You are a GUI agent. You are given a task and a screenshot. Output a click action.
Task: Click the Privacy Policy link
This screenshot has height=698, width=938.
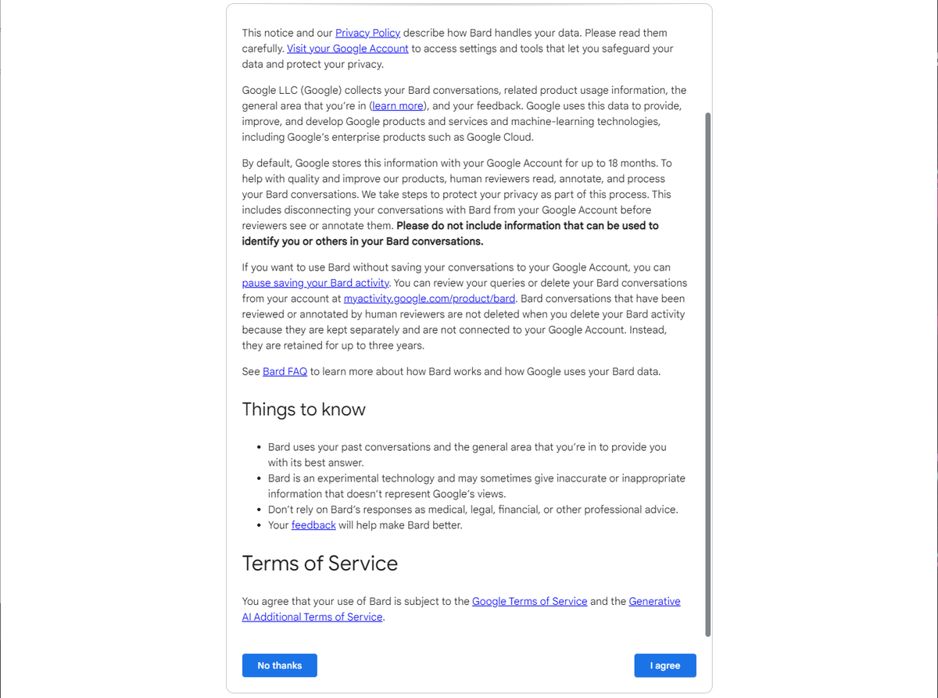tap(367, 33)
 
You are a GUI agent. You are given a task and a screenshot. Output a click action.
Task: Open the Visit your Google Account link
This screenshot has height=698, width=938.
tap(348, 48)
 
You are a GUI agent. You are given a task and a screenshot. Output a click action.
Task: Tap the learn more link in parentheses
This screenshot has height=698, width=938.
tap(397, 106)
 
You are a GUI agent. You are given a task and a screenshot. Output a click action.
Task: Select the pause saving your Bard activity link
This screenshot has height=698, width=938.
tap(316, 283)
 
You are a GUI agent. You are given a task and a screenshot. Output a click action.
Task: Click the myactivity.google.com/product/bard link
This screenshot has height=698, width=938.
tap(429, 299)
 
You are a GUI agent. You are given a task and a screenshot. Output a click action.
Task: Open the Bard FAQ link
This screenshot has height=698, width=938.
tap(285, 371)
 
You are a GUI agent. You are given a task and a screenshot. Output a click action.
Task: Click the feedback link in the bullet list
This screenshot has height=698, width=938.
tap(313, 525)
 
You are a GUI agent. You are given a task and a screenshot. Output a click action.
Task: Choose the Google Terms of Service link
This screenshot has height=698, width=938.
tap(529, 601)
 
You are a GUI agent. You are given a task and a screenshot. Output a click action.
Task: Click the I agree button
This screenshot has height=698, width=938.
tap(664, 665)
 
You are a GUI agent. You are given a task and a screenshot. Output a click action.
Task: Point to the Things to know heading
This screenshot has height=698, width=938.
tap(303, 410)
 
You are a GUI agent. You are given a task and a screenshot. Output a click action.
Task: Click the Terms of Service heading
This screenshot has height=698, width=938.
tap(320, 564)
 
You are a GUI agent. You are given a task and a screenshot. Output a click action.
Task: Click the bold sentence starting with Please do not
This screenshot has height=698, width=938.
tap(527, 226)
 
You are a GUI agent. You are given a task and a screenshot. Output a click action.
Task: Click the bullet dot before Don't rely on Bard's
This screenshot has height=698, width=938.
tap(259, 510)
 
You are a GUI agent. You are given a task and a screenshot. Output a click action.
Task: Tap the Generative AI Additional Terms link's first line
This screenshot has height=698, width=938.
tap(654, 601)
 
